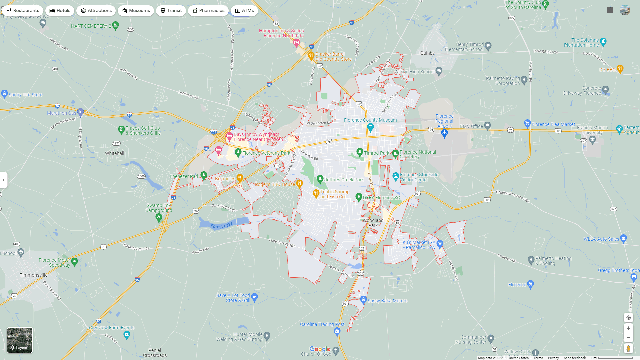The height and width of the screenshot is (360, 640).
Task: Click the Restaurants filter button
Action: (x=23, y=11)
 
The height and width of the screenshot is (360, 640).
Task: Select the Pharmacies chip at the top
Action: (x=208, y=11)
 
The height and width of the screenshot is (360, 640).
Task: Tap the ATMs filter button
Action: (x=244, y=11)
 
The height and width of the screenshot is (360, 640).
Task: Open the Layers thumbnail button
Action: (x=20, y=340)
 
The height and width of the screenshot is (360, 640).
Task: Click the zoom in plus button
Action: (x=628, y=328)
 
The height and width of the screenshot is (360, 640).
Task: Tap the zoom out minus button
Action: (x=628, y=338)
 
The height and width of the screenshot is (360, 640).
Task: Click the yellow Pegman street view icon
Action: (x=628, y=349)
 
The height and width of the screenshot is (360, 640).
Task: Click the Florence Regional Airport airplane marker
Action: (x=444, y=133)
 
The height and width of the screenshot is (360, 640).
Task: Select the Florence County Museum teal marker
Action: (x=370, y=127)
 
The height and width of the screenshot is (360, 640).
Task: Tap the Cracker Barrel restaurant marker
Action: (x=311, y=55)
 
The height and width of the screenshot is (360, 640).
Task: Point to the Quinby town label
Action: (x=427, y=53)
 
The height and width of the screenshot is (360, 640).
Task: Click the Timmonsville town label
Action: (x=34, y=275)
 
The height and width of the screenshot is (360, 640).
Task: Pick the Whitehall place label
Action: (x=115, y=153)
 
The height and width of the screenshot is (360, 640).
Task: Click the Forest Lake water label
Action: (x=222, y=226)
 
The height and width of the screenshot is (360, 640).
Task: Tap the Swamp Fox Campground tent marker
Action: (x=159, y=218)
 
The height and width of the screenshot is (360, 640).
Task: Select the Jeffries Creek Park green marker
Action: (x=320, y=179)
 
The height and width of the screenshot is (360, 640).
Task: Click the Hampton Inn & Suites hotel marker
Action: (x=296, y=42)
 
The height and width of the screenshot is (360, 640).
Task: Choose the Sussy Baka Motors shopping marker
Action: (x=363, y=299)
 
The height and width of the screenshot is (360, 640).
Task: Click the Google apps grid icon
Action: (x=610, y=10)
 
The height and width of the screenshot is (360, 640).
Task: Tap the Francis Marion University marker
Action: (x=592, y=140)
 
